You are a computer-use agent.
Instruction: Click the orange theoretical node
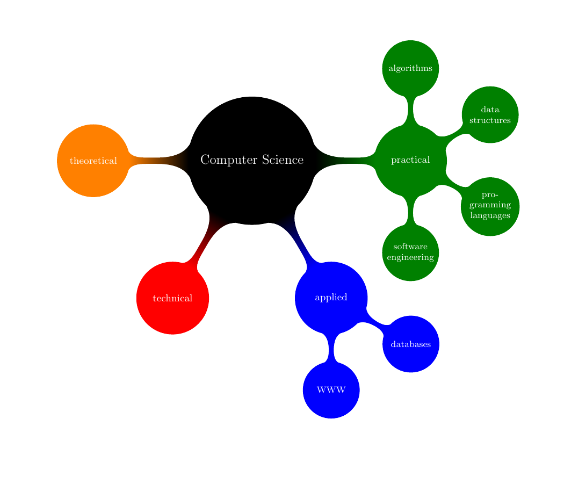click(93, 161)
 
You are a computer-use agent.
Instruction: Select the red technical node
click(172, 298)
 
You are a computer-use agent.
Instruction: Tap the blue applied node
click(331, 297)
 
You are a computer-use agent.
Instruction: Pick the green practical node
click(410, 160)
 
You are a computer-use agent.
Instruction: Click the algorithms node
click(410, 69)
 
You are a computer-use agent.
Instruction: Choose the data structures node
click(489, 115)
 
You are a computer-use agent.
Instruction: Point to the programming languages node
click(489, 206)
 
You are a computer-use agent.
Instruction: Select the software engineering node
click(410, 252)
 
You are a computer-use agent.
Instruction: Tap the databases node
click(410, 344)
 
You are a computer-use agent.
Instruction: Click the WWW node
click(331, 390)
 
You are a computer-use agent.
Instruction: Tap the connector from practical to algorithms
click(410, 111)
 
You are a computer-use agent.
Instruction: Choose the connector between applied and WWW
click(331, 348)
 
